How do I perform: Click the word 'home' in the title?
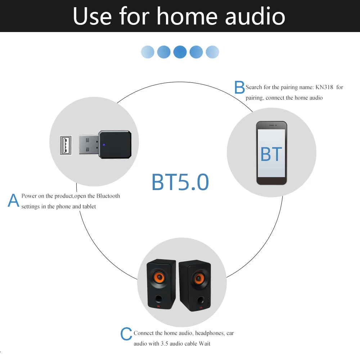187,16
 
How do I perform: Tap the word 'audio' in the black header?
255,16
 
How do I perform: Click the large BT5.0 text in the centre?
180,182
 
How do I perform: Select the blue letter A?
13,201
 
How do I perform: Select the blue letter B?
239,87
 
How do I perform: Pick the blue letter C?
126,334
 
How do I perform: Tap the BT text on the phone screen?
271,154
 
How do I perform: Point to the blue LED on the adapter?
104,145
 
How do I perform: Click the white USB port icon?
66,145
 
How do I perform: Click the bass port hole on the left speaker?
159,298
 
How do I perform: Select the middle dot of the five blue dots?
180,52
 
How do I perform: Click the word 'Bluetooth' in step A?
108,196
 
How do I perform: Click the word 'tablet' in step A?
89,207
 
